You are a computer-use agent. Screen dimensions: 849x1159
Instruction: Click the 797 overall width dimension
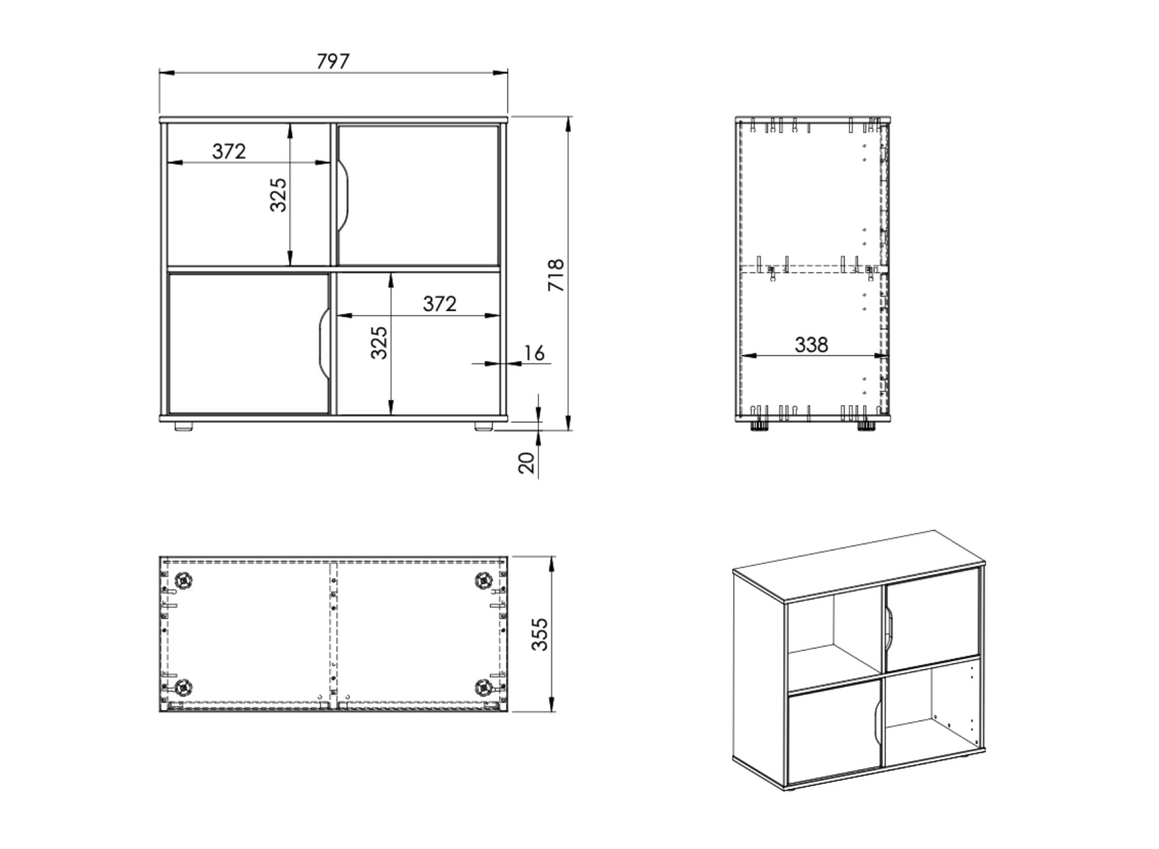pos(332,61)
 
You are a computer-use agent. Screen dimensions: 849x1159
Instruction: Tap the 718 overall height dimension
pos(557,274)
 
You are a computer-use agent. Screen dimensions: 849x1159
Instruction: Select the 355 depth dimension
pos(540,634)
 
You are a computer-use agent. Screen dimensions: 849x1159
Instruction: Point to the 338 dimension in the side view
pos(810,344)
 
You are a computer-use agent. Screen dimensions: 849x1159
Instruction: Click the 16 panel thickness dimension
pos(534,353)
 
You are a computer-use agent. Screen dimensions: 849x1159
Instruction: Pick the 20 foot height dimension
pos(527,463)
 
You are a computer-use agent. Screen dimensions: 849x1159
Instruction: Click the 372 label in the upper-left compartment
pos(229,151)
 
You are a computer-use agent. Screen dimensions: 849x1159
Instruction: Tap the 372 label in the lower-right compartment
pos(440,303)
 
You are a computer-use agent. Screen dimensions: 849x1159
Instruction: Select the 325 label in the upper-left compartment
pos(279,194)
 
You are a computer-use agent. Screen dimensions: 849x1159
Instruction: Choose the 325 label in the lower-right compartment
pos(380,342)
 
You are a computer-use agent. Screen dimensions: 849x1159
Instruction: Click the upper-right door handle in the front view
pos(344,196)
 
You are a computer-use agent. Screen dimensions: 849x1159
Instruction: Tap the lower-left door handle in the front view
pos(322,343)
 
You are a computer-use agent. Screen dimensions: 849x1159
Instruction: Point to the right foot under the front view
pos(483,426)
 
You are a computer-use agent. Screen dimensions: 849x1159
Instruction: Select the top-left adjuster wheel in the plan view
pos(183,580)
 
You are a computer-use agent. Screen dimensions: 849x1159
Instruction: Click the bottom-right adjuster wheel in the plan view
pos(484,688)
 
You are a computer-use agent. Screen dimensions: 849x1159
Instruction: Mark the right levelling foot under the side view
pos(866,425)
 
